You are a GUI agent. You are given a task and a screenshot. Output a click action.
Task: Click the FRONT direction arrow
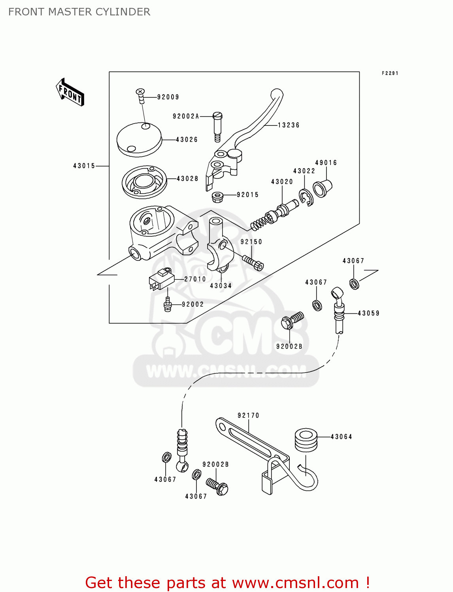(70, 92)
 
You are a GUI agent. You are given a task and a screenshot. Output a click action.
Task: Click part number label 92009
(168, 97)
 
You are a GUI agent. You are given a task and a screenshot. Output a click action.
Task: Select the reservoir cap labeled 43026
(139, 139)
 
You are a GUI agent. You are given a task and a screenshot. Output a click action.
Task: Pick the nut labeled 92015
(217, 197)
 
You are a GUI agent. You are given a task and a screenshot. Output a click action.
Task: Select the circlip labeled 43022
(306, 197)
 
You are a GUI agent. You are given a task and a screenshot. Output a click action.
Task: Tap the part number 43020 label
(282, 182)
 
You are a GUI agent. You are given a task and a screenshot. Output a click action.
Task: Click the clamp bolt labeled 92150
(253, 262)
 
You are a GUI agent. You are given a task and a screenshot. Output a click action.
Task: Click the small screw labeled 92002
(168, 304)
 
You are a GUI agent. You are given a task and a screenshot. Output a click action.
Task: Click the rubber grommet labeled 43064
(306, 439)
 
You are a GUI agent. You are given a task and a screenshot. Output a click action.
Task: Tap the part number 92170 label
(248, 416)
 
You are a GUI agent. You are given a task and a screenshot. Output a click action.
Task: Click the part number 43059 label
(368, 313)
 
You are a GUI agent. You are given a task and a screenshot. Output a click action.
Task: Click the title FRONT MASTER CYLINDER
(79, 12)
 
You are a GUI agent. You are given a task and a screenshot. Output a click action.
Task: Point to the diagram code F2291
(390, 73)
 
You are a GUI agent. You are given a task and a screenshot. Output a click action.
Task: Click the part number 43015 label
(84, 166)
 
